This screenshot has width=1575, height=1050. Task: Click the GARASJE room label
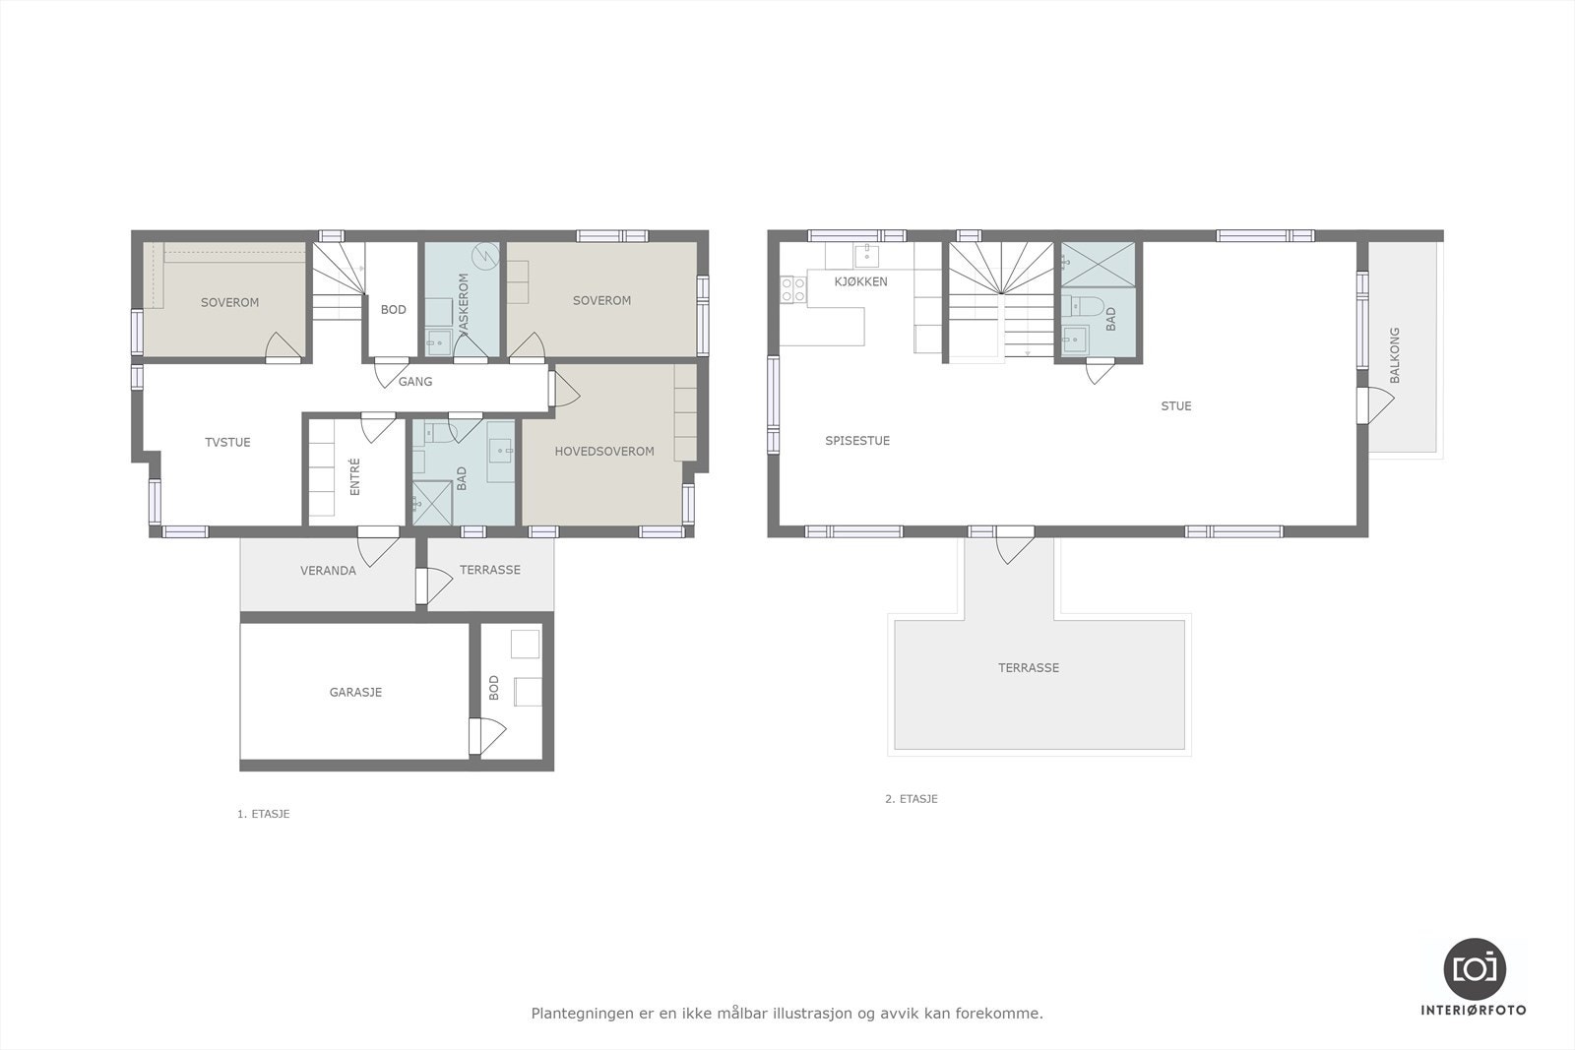click(355, 692)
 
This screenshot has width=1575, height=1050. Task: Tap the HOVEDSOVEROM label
click(604, 452)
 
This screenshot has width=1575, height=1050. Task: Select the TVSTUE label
click(227, 443)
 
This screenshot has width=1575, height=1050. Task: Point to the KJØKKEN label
click(860, 281)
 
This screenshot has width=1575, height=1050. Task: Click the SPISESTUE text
click(857, 441)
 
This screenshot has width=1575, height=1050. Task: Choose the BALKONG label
click(1394, 355)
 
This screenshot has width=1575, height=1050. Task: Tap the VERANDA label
click(328, 571)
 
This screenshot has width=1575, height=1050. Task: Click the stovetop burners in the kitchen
click(793, 288)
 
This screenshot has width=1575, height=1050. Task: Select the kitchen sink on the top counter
click(866, 256)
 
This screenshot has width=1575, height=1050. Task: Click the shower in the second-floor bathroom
click(1097, 264)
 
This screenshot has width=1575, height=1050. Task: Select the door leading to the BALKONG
click(1373, 404)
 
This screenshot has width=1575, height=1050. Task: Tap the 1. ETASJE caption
click(264, 814)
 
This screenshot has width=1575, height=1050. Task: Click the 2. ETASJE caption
click(912, 799)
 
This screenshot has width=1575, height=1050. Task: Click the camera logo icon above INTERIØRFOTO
click(1475, 967)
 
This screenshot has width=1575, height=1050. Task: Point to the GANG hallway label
click(415, 382)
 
